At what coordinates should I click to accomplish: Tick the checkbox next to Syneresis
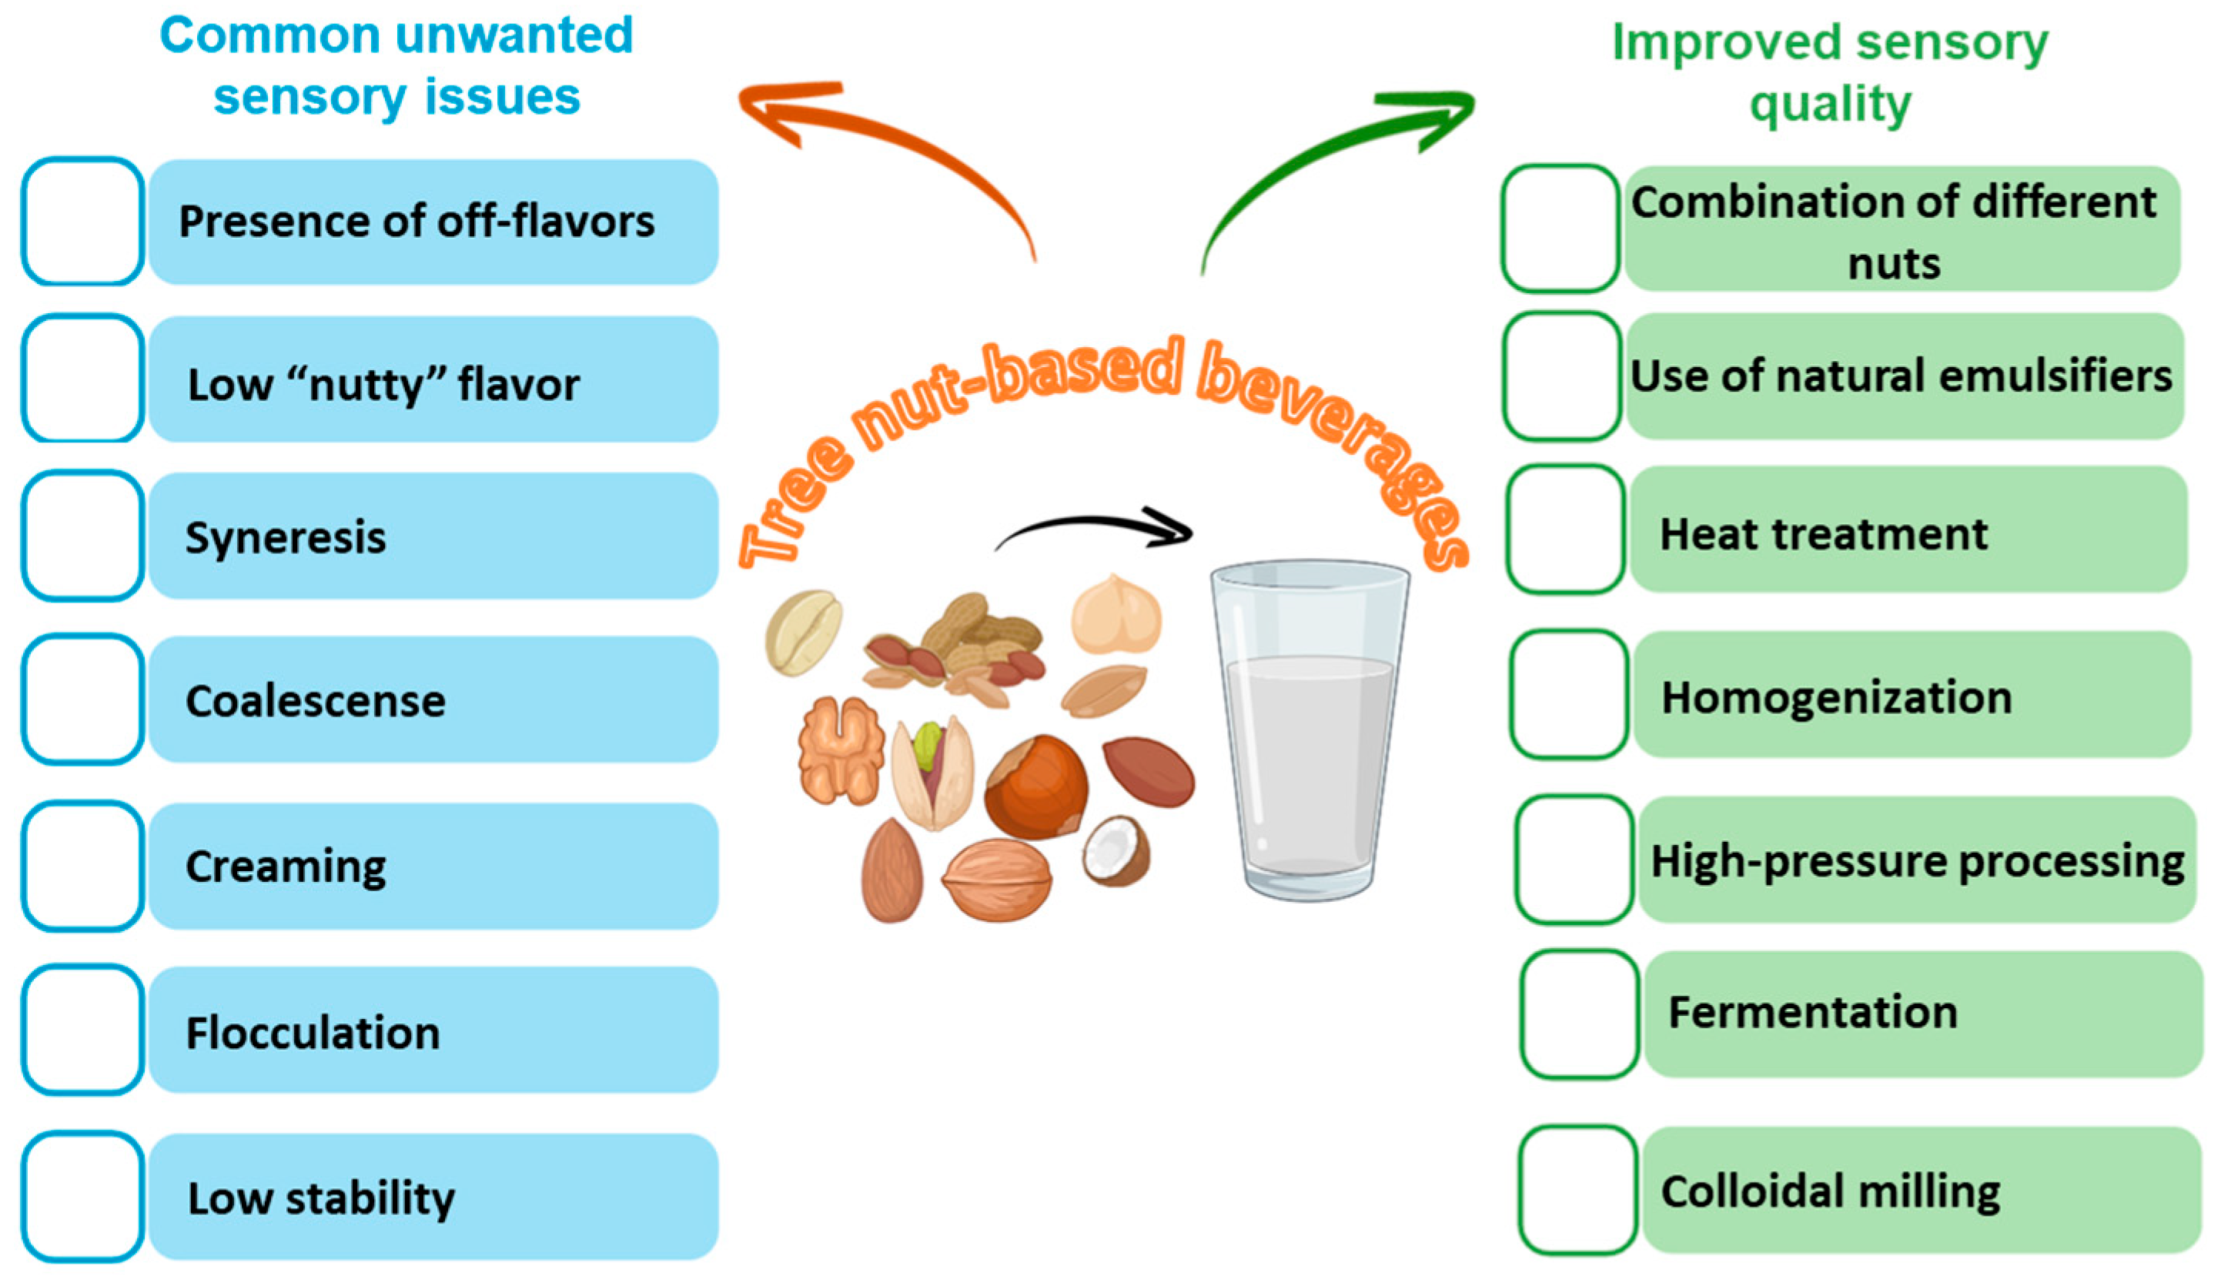point(82,536)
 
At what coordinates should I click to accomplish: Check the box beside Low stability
point(82,1197)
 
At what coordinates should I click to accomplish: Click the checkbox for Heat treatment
point(1566,529)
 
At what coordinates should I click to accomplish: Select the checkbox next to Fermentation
point(1580,1014)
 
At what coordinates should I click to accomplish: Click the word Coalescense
point(316,701)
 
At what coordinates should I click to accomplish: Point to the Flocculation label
point(313,1032)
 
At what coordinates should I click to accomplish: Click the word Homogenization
point(1836,697)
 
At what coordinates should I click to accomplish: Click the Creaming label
point(286,867)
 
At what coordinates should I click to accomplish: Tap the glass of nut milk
point(1309,729)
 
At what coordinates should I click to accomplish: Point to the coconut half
point(1116,850)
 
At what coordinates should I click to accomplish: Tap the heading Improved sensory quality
point(1830,72)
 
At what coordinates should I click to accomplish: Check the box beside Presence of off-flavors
point(82,222)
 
